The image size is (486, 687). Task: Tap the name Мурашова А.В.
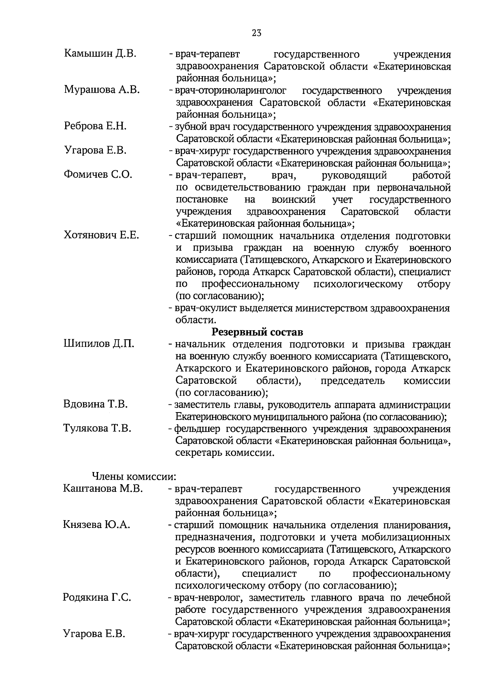(x=102, y=90)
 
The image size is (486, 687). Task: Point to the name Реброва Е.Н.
(x=95, y=126)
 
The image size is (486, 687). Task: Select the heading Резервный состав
(x=258, y=332)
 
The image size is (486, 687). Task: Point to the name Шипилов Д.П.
(x=99, y=344)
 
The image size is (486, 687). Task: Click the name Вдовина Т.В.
(x=95, y=404)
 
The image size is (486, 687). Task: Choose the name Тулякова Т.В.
(x=97, y=428)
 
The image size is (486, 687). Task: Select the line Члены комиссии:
(x=134, y=476)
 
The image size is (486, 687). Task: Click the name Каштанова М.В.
(x=103, y=489)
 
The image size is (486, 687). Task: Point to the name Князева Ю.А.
(x=96, y=525)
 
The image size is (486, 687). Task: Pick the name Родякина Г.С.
(x=97, y=598)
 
